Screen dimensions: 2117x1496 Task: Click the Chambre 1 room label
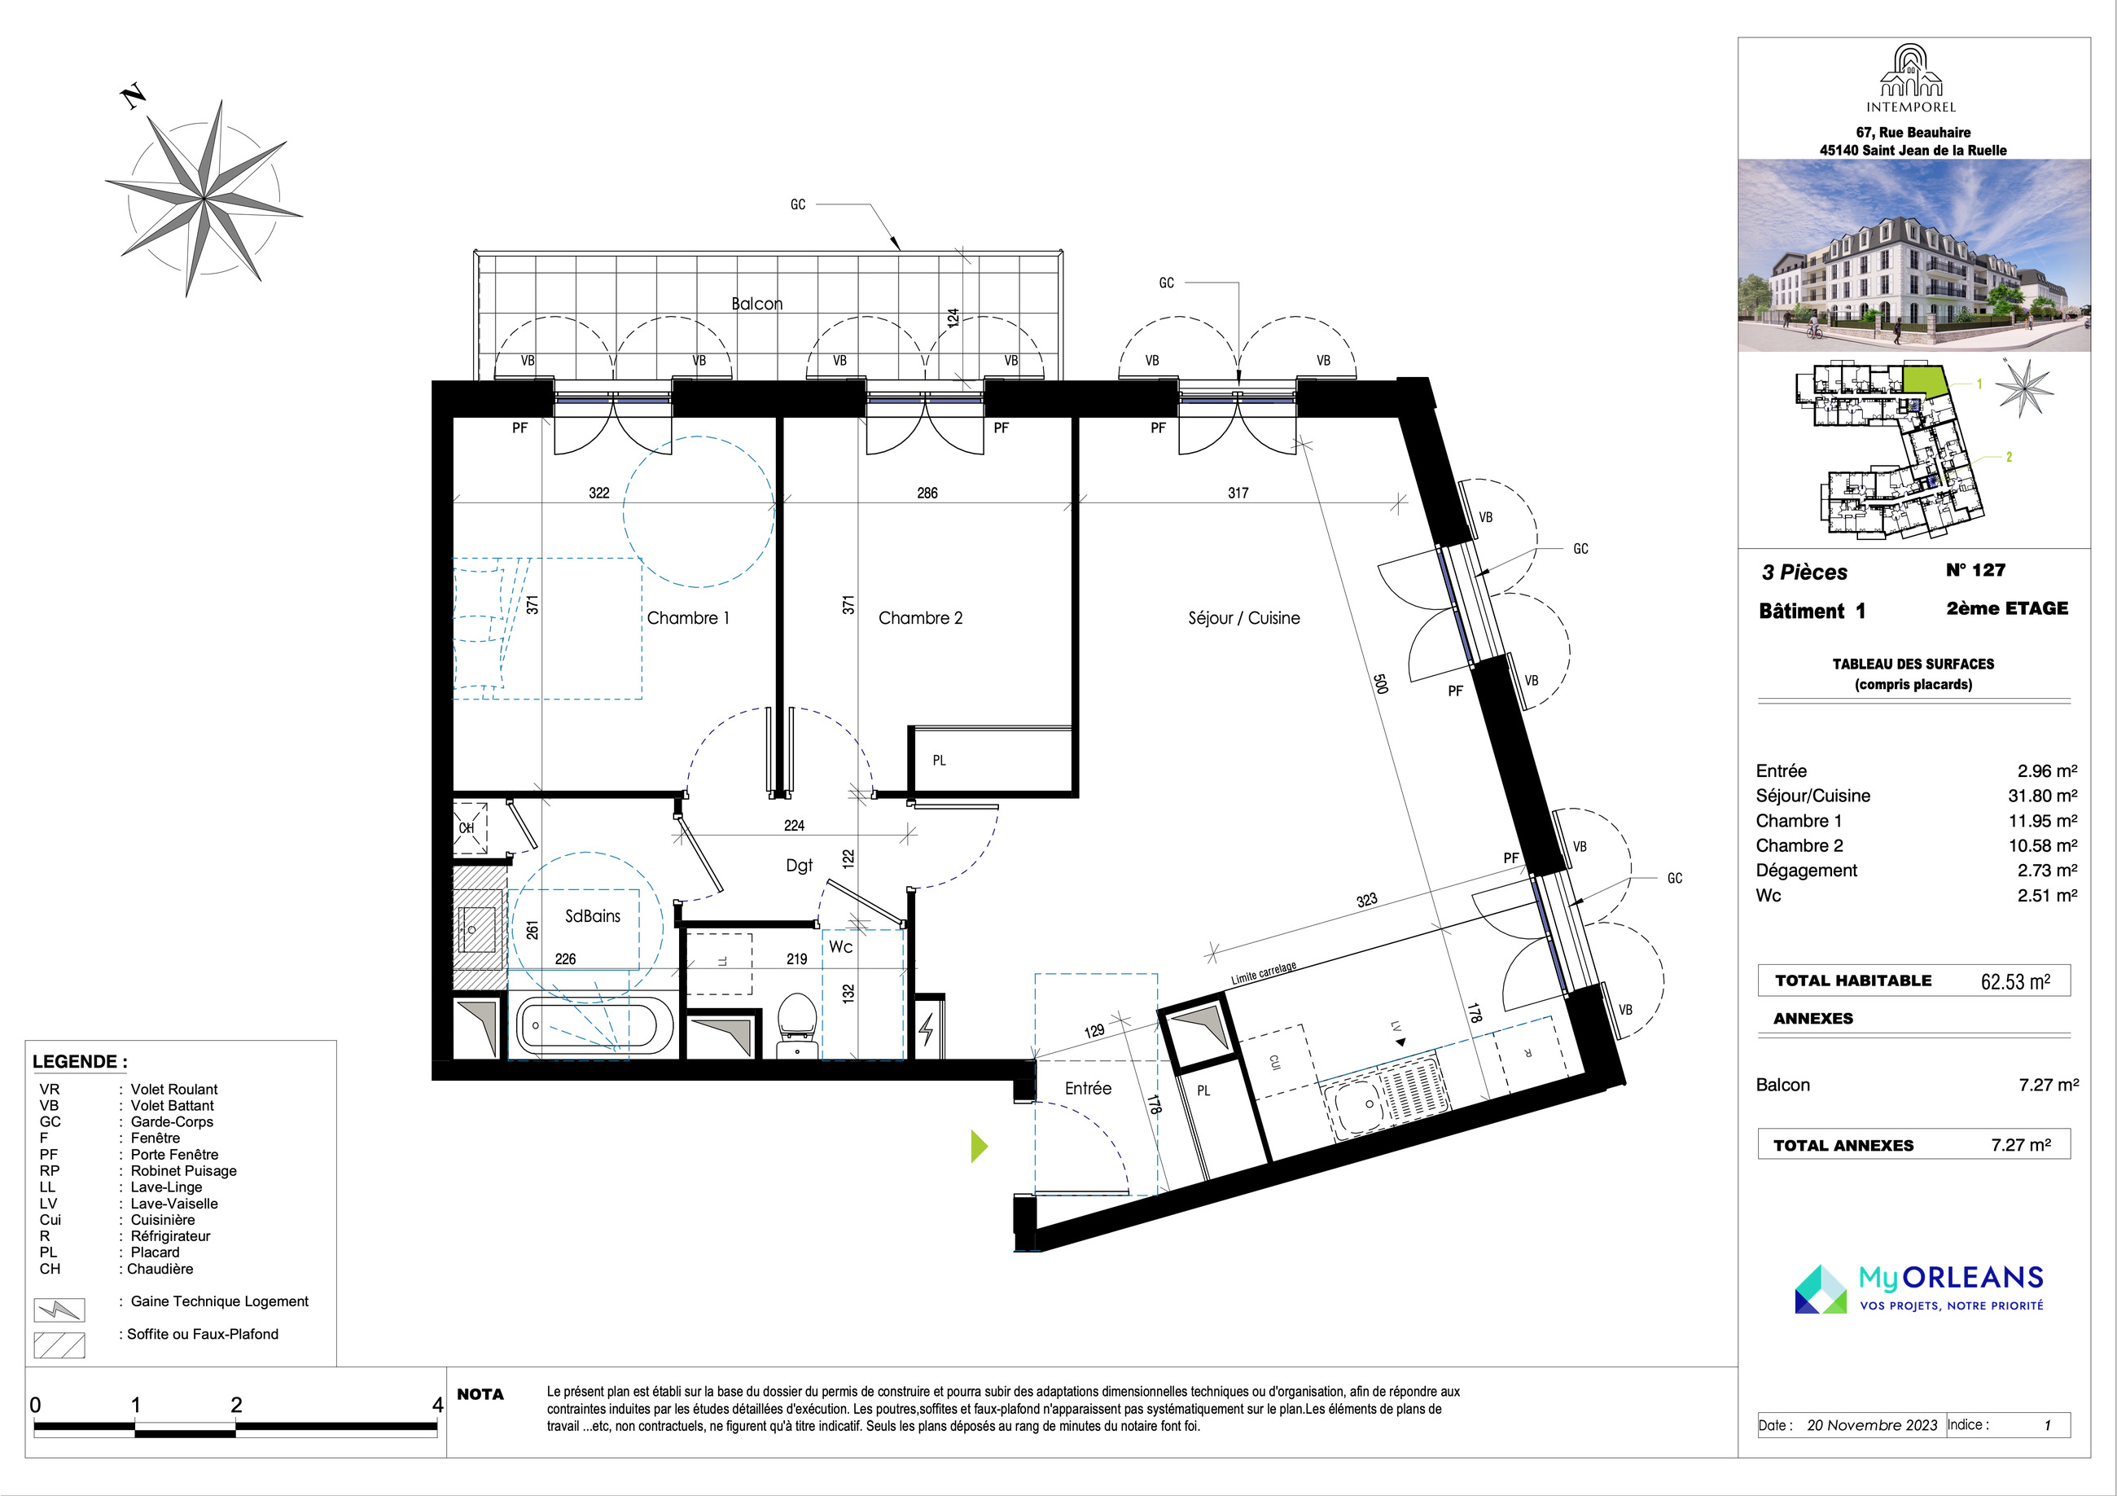click(x=688, y=618)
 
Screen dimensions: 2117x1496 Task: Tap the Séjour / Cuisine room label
click(x=1244, y=618)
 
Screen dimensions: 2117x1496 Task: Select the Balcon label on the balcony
click(x=757, y=304)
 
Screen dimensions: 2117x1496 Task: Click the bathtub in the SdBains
click(x=587, y=1025)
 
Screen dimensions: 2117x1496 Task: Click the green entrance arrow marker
click(x=980, y=1147)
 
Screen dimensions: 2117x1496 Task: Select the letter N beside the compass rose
click(x=134, y=97)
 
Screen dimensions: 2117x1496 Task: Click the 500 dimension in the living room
click(x=1380, y=683)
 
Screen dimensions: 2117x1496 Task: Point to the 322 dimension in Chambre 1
click(x=599, y=493)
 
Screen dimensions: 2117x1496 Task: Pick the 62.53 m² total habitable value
click(x=2015, y=981)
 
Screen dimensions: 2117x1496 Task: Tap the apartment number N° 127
click(x=1976, y=570)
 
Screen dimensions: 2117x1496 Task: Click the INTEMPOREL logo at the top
click(x=1910, y=78)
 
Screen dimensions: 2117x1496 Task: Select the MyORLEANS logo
click(x=1919, y=1288)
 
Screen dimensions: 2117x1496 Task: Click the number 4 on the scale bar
click(x=438, y=1405)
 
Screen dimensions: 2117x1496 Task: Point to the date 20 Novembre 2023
click(x=1872, y=1425)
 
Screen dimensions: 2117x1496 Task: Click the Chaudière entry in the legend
click(x=160, y=1269)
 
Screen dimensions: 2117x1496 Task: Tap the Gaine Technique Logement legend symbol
click(x=59, y=1310)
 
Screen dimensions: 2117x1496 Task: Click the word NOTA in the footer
click(x=480, y=1394)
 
